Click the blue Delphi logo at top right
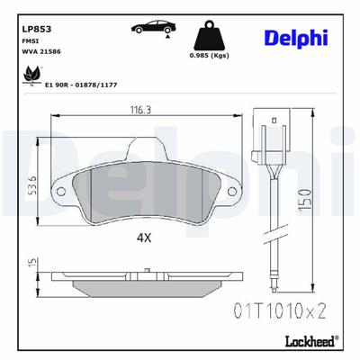(296, 37)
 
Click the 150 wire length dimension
(310, 196)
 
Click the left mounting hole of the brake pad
(60, 192)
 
